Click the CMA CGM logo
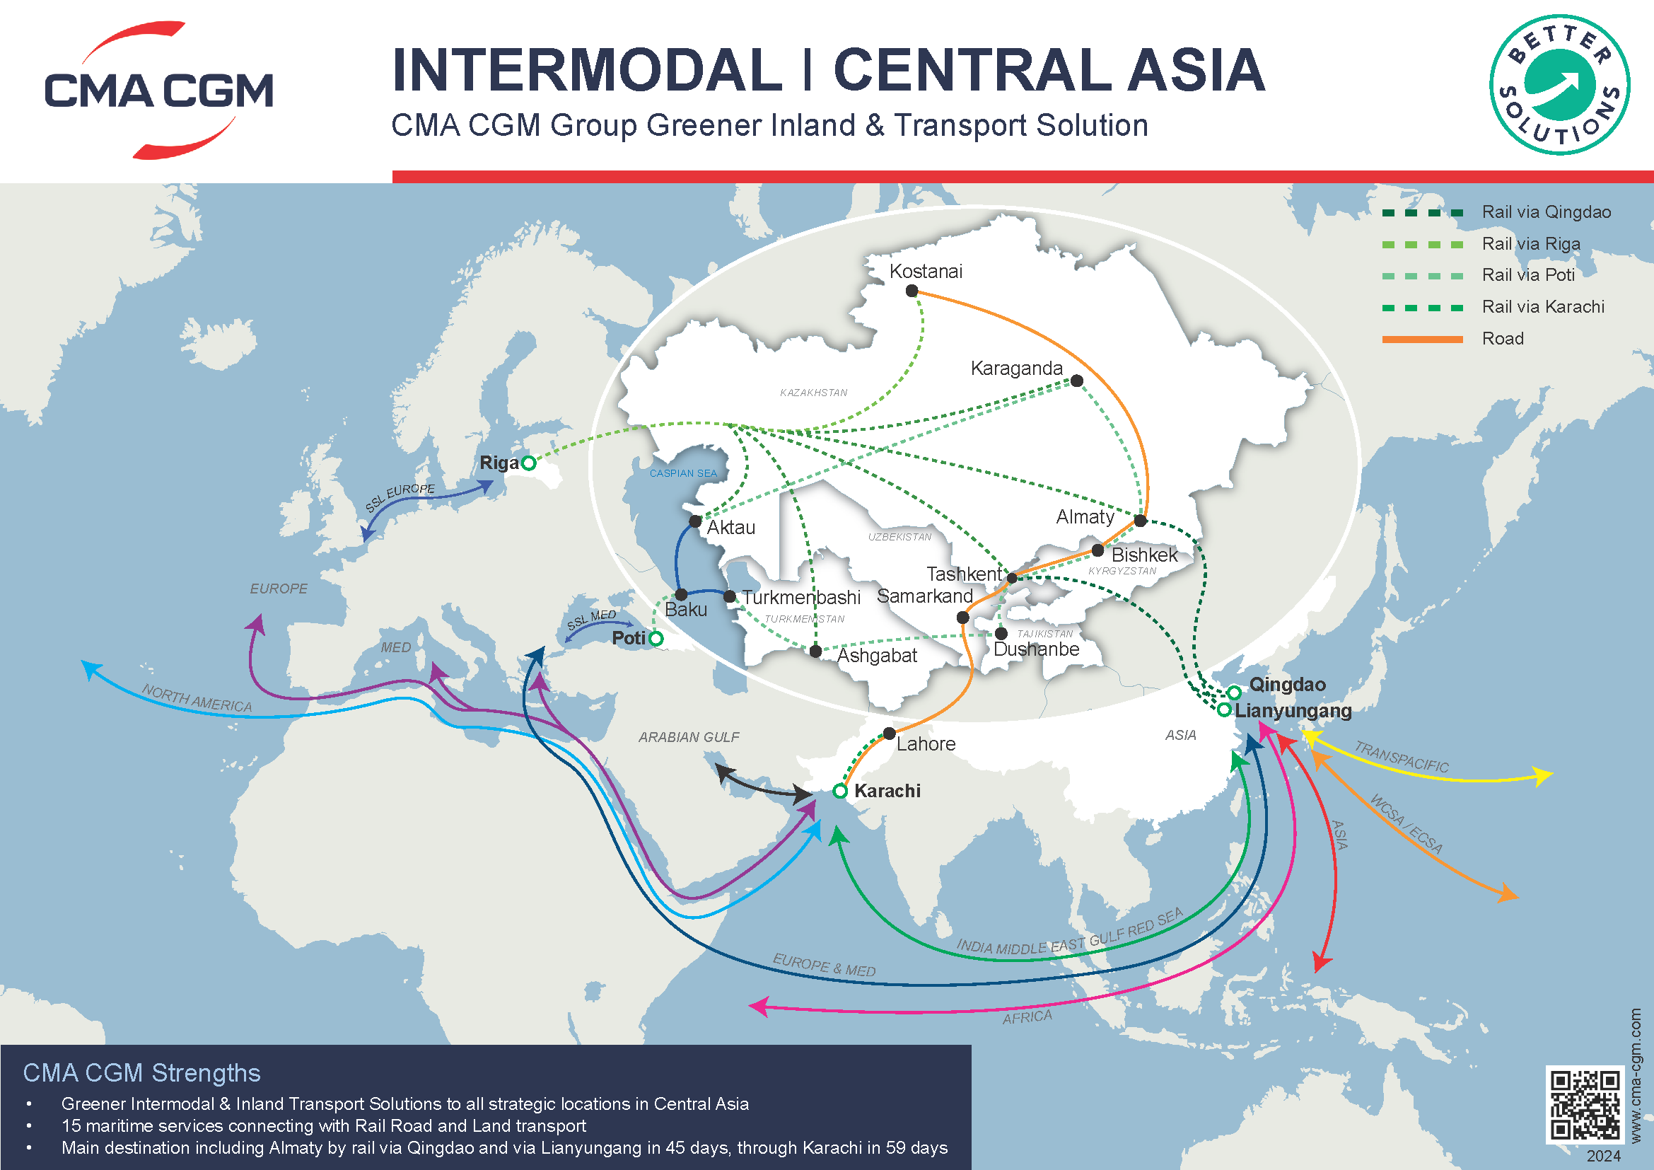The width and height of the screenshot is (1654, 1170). [158, 90]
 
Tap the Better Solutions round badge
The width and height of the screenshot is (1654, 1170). [1560, 85]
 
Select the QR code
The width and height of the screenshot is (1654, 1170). [1585, 1105]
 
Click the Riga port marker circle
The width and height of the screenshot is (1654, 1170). [528, 463]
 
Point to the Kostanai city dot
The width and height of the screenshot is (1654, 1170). [912, 291]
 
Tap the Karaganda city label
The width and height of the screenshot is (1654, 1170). [1015, 368]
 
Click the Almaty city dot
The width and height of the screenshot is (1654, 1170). [1140, 520]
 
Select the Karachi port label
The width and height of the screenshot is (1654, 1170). [887, 791]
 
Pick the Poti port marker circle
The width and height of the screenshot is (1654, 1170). [656, 638]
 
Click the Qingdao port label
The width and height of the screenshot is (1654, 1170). [1286, 685]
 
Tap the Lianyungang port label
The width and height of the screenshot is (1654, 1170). [1293, 710]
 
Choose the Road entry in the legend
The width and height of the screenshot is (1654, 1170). [1502, 339]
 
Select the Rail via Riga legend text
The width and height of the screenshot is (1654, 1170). [1531, 244]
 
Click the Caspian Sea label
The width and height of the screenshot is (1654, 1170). [683, 473]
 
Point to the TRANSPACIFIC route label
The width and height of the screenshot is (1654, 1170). [1401, 757]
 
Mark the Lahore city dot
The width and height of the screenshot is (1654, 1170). [889, 734]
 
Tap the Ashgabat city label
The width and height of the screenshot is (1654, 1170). [876, 656]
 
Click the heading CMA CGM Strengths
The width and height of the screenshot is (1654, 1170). [141, 1073]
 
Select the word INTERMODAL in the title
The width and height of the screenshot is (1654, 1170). [586, 70]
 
